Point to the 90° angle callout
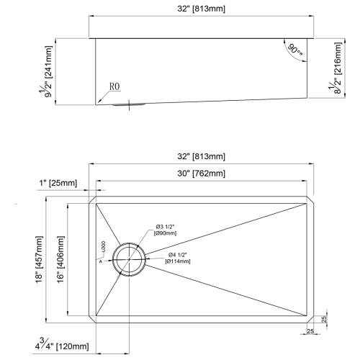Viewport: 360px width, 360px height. pos(294,50)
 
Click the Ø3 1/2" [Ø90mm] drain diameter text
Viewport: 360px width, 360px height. pos(168,230)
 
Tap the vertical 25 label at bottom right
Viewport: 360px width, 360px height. pos(324,319)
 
